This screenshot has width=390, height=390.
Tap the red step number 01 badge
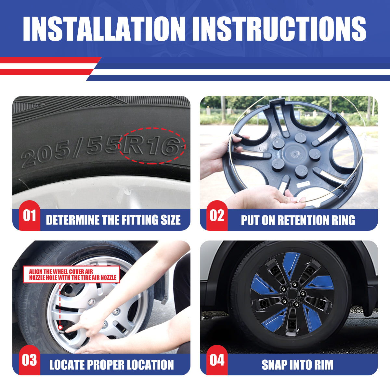coord(29,215)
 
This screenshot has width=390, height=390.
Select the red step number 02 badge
coord(217,215)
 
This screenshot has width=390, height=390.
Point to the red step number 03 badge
coord(29,360)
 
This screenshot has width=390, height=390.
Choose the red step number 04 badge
coord(217,360)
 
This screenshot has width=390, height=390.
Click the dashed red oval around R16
coord(152,146)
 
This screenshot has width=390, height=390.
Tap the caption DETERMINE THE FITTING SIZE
coord(113,220)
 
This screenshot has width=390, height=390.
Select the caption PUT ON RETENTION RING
coord(298,220)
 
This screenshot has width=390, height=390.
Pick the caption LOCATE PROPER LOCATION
coord(111,365)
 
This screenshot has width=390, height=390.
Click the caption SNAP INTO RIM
coord(297,365)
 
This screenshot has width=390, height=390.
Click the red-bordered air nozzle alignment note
coord(72,275)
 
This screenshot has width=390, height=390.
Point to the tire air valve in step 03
coord(60,327)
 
